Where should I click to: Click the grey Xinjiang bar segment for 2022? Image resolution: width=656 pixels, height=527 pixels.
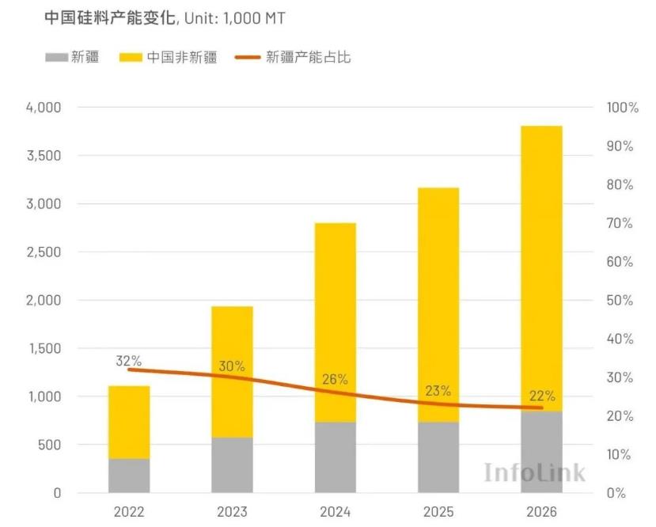pyautogui.click(x=129, y=475)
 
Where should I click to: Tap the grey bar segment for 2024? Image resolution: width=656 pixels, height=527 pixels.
pyautogui.click(x=335, y=457)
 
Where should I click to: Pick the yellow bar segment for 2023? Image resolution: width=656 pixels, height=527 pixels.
pyautogui.click(x=232, y=372)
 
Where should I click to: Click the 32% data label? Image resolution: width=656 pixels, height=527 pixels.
pyautogui.click(x=128, y=361)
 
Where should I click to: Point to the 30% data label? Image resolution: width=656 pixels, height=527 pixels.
pyautogui.click(x=232, y=366)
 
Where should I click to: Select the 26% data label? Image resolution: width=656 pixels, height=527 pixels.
pyautogui.click(x=335, y=379)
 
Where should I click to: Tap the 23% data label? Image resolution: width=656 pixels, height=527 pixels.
pyautogui.click(x=438, y=390)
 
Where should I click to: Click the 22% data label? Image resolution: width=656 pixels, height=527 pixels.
pyautogui.click(x=542, y=396)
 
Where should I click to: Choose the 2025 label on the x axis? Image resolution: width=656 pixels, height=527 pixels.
pyautogui.click(x=438, y=512)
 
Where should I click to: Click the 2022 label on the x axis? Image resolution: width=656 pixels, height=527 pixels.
pyautogui.click(x=129, y=512)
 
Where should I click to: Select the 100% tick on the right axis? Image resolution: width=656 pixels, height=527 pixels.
pyautogui.click(x=622, y=108)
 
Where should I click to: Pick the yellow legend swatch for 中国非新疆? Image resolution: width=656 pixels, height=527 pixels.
pyautogui.click(x=131, y=58)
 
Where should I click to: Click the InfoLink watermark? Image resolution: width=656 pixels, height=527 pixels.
pyautogui.click(x=535, y=472)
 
